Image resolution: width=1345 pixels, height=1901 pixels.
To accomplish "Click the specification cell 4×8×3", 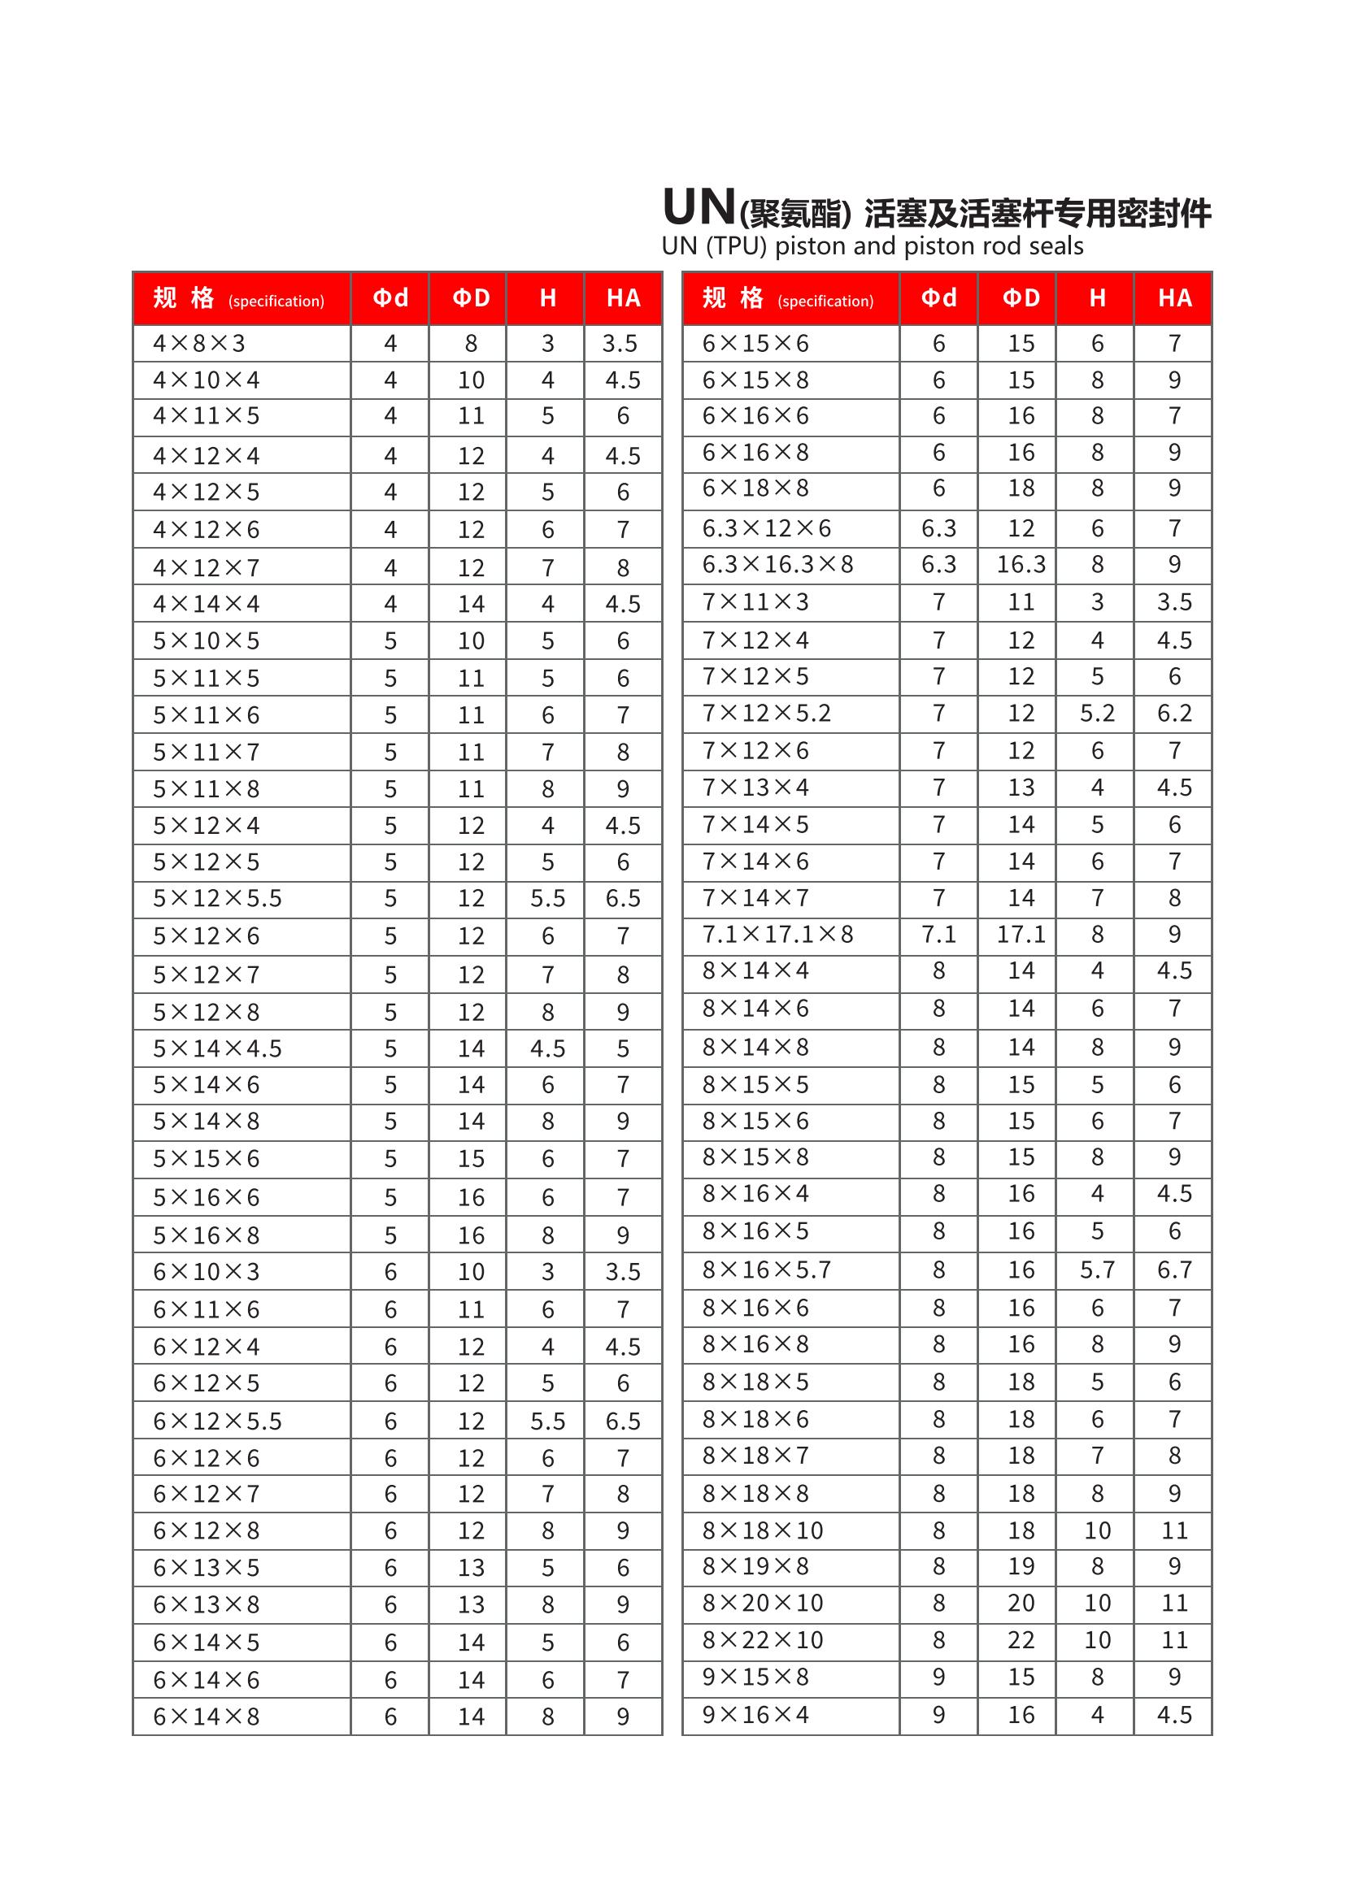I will [x=198, y=343].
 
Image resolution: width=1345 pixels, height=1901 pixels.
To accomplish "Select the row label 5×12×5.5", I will [x=217, y=898].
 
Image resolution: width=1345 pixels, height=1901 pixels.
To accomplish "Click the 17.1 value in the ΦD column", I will [x=1021, y=934].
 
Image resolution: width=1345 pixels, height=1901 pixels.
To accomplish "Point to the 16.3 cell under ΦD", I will [x=1021, y=564].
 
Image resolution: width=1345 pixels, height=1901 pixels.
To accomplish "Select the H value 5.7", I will [x=1096, y=1270].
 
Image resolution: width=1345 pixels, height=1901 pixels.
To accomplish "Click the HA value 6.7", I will [x=1173, y=1270].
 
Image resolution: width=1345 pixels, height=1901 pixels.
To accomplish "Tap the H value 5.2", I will [x=1096, y=713].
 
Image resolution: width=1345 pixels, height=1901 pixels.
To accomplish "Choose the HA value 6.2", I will [x=1173, y=713].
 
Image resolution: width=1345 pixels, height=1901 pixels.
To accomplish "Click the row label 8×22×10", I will [x=762, y=1639].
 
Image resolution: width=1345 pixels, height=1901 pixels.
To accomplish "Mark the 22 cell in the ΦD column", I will [x=1021, y=1639].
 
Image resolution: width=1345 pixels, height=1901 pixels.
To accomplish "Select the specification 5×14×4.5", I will [x=217, y=1048].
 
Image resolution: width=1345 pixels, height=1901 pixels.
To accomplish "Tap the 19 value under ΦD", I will [x=1021, y=1565].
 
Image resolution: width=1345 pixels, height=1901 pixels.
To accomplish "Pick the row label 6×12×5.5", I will [x=217, y=1421].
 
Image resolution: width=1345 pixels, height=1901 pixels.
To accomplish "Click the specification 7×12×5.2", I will [x=766, y=713].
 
